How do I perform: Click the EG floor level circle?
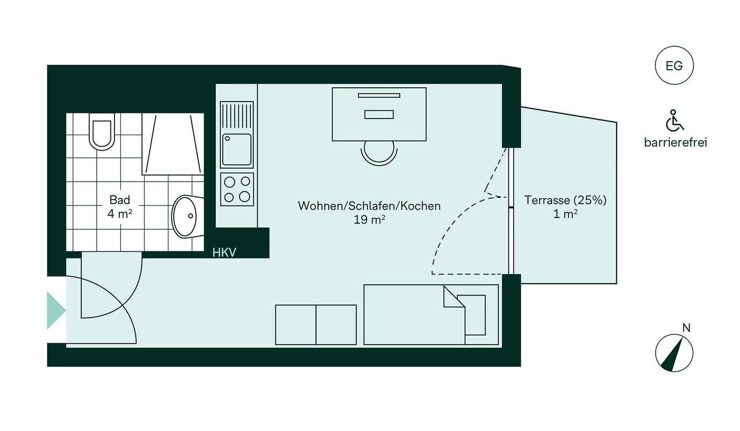[x=674, y=66]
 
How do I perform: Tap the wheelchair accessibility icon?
[x=675, y=121]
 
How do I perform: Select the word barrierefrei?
[x=675, y=143]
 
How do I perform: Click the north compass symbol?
[x=674, y=353]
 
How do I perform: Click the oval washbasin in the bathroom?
[x=184, y=217]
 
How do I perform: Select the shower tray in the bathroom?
[x=173, y=144]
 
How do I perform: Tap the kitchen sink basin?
[x=237, y=149]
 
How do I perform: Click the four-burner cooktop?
[x=237, y=189]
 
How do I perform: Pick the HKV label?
[x=225, y=252]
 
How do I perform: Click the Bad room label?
[x=119, y=200]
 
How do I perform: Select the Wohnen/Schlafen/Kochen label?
[x=369, y=206]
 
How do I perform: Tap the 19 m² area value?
[x=369, y=220]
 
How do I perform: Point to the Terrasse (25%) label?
[x=565, y=200]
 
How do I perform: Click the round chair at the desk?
[x=379, y=152]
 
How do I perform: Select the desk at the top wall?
[x=379, y=114]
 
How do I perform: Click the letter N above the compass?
[x=686, y=327]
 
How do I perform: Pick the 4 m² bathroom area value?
[x=119, y=213]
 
